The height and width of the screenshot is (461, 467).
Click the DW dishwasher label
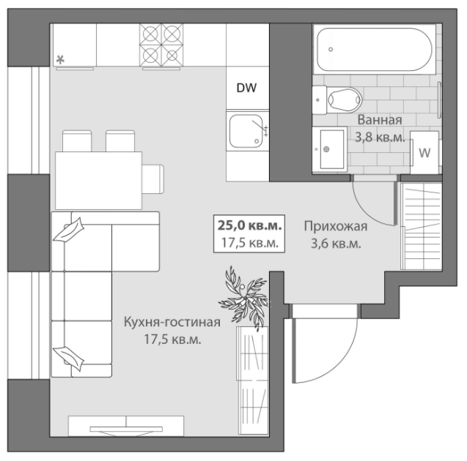[x=246, y=88]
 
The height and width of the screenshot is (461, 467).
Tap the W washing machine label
[x=424, y=153]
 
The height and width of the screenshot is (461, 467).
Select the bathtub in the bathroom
[x=375, y=49]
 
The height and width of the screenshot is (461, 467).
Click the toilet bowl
[x=337, y=100]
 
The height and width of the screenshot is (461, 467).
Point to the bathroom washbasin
[x=330, y=149]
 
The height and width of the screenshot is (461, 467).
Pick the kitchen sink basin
[x=246, y=131]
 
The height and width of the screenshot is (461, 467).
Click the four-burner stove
[x=161, y=45]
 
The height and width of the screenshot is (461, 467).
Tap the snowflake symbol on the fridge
[x=60, y=60]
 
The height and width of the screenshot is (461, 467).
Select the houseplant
[x=244, y=297]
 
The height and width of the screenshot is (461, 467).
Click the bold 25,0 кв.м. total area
[x=249, y=225]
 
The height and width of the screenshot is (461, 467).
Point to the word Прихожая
[x=336, y=227]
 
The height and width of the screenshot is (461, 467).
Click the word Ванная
[x=380, y=120]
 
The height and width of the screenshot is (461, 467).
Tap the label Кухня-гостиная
[x=172, y=322]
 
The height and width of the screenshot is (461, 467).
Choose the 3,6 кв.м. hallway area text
[x=336, y=244]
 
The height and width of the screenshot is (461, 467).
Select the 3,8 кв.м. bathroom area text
[x=380, y=138]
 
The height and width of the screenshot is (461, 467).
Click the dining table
[x=98, y=181]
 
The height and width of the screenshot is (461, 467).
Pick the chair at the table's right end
[x=152, y=179]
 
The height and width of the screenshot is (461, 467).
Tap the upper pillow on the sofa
[x=69, y=230]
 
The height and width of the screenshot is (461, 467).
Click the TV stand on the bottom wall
[x=126, y=426]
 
